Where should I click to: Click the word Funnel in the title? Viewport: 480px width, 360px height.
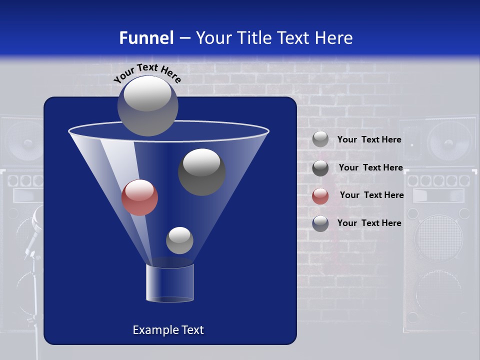tap(146, 37)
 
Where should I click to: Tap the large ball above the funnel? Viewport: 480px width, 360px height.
tap(147, 105)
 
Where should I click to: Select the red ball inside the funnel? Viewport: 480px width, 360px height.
tap(139, 197)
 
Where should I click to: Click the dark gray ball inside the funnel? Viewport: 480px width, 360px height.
tap(201, 171)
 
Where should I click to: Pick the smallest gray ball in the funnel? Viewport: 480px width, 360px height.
tap(179, 240)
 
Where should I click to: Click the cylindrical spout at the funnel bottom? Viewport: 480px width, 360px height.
tap(170, 283)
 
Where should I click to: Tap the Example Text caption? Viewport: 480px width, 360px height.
tap(168, 330)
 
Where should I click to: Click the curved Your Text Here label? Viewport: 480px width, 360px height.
tap(147, 73)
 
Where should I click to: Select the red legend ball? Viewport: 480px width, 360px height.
tap(320, 196)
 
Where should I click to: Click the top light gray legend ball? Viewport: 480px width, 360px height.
tap(320, 139)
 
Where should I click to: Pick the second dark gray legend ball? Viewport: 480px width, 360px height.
tap(320, 168)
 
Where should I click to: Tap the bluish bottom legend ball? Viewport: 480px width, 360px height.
tap(320, 223)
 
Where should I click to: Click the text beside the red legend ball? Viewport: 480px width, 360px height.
tap(371, 195)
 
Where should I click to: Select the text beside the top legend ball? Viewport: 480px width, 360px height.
tap(369, 139)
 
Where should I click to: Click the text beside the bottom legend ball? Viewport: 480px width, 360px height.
tap(369, 223)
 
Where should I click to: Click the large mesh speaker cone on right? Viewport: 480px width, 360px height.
tap(438, 237)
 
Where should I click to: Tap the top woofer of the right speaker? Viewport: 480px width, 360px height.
tap(448, 142)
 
